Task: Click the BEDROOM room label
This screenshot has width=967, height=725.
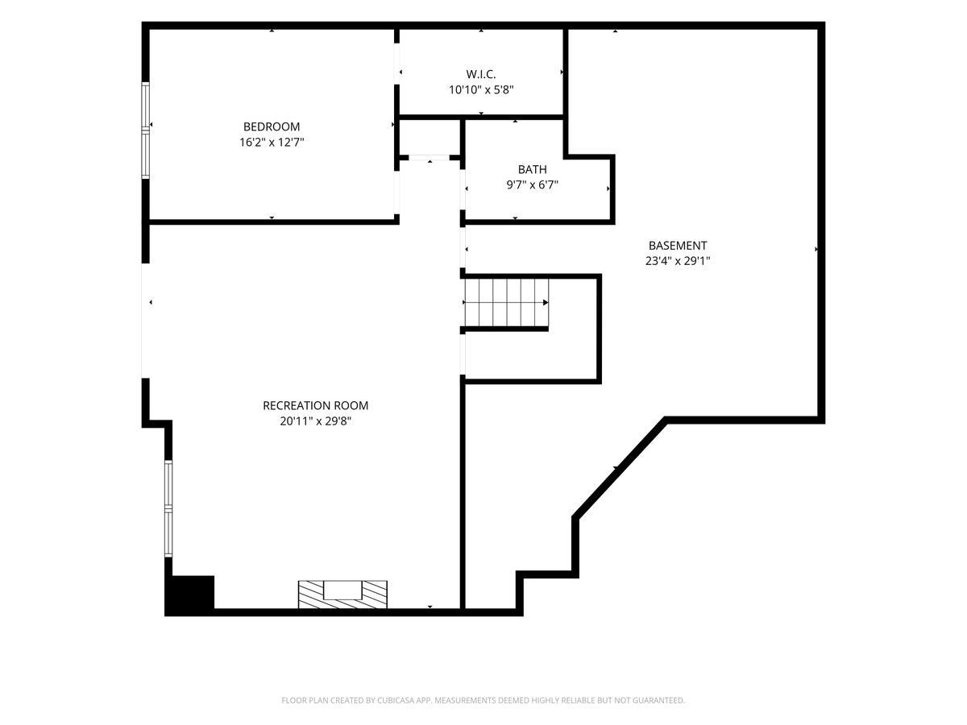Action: pos(272,126)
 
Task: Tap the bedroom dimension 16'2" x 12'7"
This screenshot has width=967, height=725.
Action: pos(272,143)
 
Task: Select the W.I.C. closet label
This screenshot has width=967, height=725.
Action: pos(480,74)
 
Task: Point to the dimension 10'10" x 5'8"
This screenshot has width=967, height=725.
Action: pos(481,90)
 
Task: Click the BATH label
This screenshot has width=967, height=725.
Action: pos(532,169)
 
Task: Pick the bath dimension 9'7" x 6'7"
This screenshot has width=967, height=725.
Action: pos(532,185)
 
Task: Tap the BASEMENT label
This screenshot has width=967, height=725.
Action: pos(678,246)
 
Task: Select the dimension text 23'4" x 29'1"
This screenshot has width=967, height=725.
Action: pos(678,262)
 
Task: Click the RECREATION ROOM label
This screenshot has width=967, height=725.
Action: pos(315,406)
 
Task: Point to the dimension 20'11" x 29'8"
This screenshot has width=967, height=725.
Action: pos(315,421)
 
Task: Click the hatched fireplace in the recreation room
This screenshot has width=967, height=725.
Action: pos(342,594)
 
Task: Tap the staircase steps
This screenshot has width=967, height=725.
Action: pos(507,302)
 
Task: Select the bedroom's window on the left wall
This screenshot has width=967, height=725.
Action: pos(145,130)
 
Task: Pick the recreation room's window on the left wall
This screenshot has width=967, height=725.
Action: pos(168,509)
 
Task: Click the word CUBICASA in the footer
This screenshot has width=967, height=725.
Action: pos(396,700)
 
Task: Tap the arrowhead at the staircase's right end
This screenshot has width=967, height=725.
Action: pos(546,302)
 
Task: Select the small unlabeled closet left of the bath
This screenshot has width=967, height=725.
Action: pos(430,137)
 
